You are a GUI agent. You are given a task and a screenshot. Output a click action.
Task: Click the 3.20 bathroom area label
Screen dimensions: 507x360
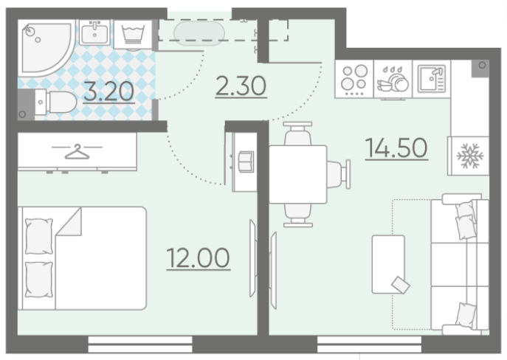(108, 91)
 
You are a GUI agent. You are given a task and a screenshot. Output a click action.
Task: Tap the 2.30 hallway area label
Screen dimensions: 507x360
(241, 86)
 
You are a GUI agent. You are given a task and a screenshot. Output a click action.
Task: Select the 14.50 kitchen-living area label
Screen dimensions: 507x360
(396, 148)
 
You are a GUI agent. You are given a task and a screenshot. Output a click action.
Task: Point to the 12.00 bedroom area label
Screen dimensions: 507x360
(199, 258)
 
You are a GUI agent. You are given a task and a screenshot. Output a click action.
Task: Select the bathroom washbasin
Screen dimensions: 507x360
(94, 32)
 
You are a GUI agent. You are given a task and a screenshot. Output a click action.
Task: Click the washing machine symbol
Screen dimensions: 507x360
(133, 35)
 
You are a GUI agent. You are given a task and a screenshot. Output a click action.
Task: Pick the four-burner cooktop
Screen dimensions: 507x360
(354, 79)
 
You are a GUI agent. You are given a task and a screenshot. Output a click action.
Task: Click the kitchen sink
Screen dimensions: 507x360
(431, 79)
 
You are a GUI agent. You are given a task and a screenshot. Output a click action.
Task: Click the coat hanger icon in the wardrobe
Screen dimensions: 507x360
(77, 152)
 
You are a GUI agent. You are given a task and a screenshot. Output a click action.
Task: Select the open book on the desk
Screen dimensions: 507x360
(246, 162)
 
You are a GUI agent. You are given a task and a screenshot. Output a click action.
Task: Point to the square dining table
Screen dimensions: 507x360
(298, 175)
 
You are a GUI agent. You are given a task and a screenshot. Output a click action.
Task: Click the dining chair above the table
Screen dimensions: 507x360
(297, 134)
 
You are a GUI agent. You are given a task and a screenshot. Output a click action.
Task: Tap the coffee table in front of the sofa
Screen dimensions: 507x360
(388, 264)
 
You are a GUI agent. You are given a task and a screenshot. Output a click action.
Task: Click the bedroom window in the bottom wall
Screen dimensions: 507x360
(140, 345)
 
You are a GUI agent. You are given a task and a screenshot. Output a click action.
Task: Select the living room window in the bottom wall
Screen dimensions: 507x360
(369, 345)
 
